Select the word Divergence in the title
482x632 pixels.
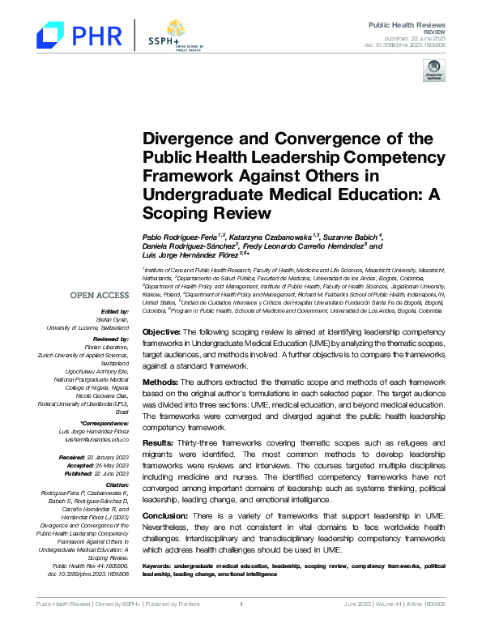184,139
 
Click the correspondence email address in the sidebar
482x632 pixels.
98,438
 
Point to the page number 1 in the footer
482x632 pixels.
241,626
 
